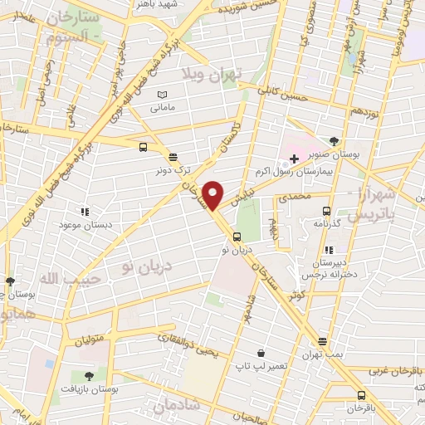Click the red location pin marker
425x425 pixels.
point(213,195)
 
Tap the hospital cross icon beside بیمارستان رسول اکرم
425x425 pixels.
point(294,159)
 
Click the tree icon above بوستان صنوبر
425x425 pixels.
point(334,141)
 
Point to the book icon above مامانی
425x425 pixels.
point(163,95)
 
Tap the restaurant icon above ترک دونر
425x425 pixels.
point(173,156)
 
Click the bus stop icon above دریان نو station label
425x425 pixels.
point(237,237)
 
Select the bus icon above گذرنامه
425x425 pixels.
point(326,211)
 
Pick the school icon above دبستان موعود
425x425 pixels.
point(85,211)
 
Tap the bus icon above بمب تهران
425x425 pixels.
point(323,341)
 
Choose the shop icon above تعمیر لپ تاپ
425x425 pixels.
point(261,353)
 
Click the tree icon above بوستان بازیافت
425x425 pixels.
point(89,377)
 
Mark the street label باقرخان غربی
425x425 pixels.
point(396,370)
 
